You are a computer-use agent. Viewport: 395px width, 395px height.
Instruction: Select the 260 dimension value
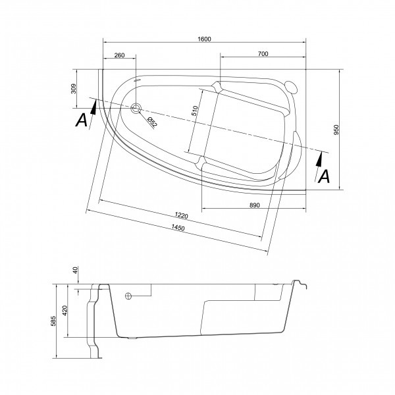tap(119, 55)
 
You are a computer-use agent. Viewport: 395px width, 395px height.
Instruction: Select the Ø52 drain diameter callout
tap(151, 122)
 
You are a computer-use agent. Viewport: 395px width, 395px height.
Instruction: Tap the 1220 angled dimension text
tap(182, 217)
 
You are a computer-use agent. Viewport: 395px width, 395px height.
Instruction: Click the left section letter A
tap(82, 120)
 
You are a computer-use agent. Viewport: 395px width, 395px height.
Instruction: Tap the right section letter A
tap(323, 176)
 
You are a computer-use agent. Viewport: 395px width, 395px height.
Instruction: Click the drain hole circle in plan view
tap(136, 109)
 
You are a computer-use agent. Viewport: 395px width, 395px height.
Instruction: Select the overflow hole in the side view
tap(128, 296)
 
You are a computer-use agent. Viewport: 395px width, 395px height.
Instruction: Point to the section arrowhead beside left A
tap(94, 108)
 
